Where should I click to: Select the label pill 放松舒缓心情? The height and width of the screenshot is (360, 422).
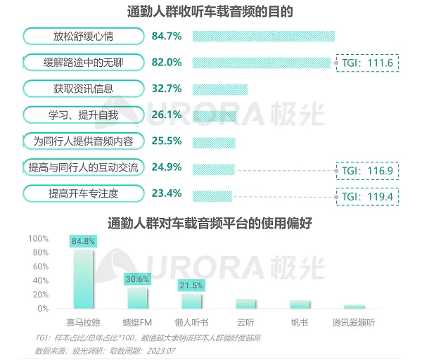(83, 36)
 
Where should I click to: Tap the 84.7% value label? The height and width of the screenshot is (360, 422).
(167, 36)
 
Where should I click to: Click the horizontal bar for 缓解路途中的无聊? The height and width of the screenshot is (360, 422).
(261, 63)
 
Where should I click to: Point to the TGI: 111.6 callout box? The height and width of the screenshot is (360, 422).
(368, 63)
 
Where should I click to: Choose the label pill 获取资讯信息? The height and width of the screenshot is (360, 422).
(83, 89)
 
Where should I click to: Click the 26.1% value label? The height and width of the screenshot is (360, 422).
(167, 115)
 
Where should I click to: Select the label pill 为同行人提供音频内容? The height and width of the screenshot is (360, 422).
(83, 141)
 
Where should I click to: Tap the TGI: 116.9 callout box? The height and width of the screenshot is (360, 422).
(368, 170)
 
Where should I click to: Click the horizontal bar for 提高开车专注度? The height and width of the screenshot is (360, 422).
(212, 195)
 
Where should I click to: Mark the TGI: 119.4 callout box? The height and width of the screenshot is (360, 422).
(368, 196)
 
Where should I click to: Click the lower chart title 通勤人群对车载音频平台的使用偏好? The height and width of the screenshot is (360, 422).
(210, 223)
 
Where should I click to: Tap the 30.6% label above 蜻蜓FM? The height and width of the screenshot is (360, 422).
(137, 279)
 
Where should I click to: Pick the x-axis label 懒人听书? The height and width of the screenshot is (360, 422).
(191, 323)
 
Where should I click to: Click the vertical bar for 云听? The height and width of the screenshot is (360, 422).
(245, 304)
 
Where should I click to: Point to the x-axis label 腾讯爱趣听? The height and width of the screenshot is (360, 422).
(353, 323)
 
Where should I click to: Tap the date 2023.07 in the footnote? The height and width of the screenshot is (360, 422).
(162, 349)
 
